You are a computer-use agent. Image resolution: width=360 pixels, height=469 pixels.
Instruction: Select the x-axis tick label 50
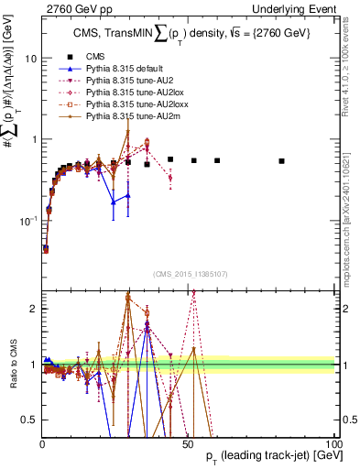point(188,443)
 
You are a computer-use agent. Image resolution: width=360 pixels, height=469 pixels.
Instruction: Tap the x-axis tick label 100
point(333,443)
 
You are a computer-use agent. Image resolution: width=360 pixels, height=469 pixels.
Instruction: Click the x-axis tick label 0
point(42,443)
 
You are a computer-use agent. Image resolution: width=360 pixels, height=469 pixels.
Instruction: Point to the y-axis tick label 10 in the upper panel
point(30,58)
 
